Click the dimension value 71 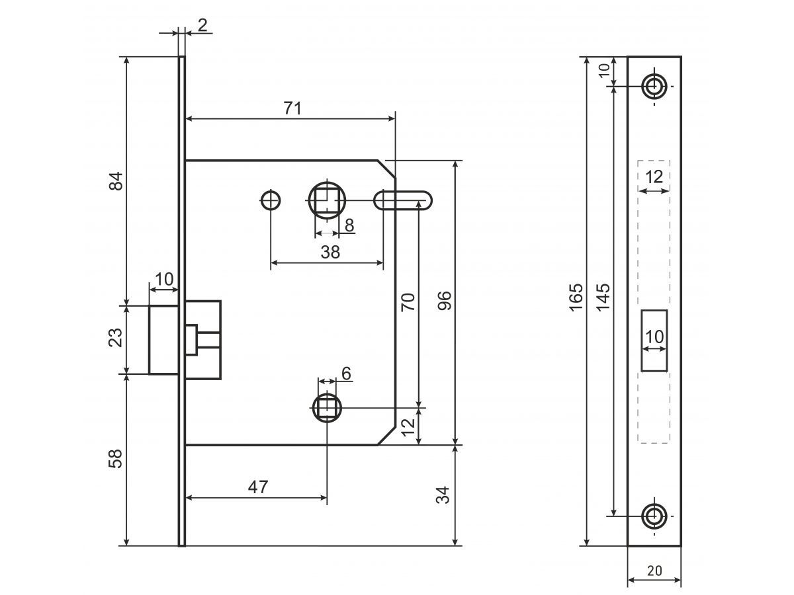tap(292, 108)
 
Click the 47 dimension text tap(258, 487)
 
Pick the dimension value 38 tap(330, 252)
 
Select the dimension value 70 tap(408, 301)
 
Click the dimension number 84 tap(116, 181)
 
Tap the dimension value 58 tap(116, 459)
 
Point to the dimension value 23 tap(116, 338)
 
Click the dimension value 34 tap(444, 495)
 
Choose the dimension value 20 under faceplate tap(654, 570)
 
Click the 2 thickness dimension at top tap(202, 25)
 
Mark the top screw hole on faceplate tap(655, 86)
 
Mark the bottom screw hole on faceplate tap(655, 516)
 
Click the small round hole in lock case tap(270, 200)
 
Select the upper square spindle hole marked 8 tap(326, 200)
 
